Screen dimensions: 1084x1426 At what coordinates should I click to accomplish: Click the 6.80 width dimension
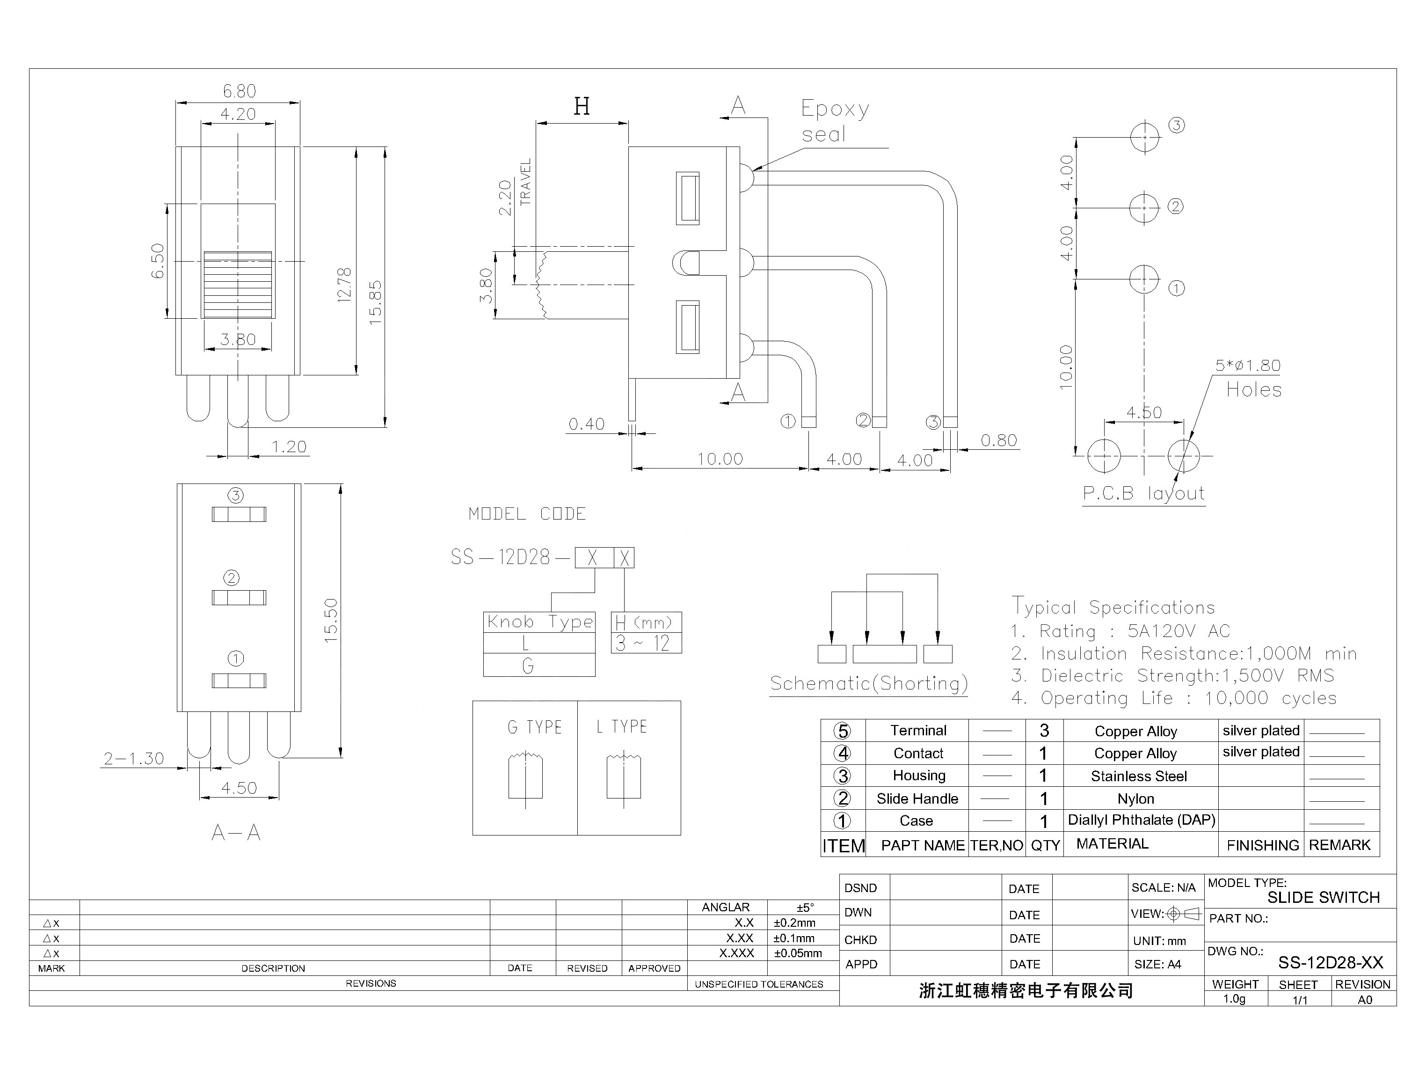coord(239,91)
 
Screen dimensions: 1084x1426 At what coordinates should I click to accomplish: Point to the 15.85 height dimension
coord(375,302)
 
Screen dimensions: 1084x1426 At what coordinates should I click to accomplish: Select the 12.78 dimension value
coord(344,285)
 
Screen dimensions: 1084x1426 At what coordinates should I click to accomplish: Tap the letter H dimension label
coord(581,106)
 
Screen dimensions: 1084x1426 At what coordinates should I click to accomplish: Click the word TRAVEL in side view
coord(526,182)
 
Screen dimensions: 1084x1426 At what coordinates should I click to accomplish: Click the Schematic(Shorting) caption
coord(869,683)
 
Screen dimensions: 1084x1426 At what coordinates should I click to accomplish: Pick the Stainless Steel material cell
coord(1138,776)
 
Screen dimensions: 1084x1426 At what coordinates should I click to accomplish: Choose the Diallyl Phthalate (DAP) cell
coord(1141,820)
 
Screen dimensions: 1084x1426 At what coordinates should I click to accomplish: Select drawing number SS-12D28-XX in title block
coord(1330,963)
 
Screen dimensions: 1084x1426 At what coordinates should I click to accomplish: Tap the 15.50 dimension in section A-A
coord(331,620)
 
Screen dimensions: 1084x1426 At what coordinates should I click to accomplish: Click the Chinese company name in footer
coord(1025,990)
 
